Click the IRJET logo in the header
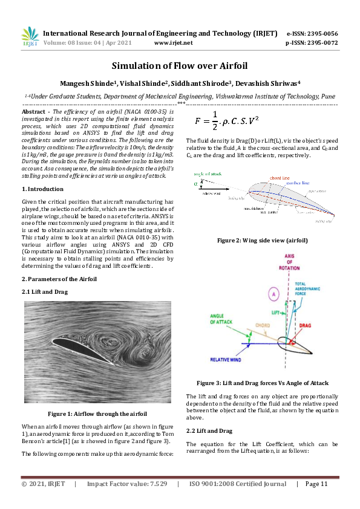(30, 37)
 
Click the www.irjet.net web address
(174, 43)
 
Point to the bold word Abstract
(34, 112)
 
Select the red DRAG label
(305, 325)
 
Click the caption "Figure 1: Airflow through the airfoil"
(97, 413)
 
